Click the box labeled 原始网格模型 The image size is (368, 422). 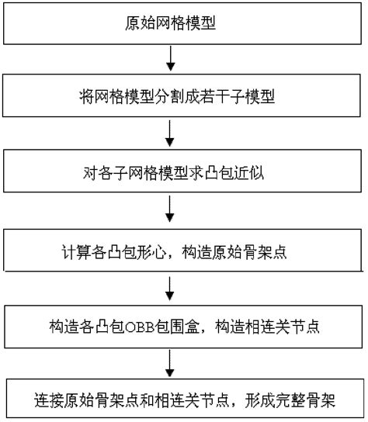point(184,23)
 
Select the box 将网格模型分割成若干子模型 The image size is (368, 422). point(184,97)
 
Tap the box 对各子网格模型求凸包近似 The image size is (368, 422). point(184,171)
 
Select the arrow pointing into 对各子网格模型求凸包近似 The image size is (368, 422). point(170,134)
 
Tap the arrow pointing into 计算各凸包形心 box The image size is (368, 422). point(170,211)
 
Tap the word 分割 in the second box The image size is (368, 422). point(172,98)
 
